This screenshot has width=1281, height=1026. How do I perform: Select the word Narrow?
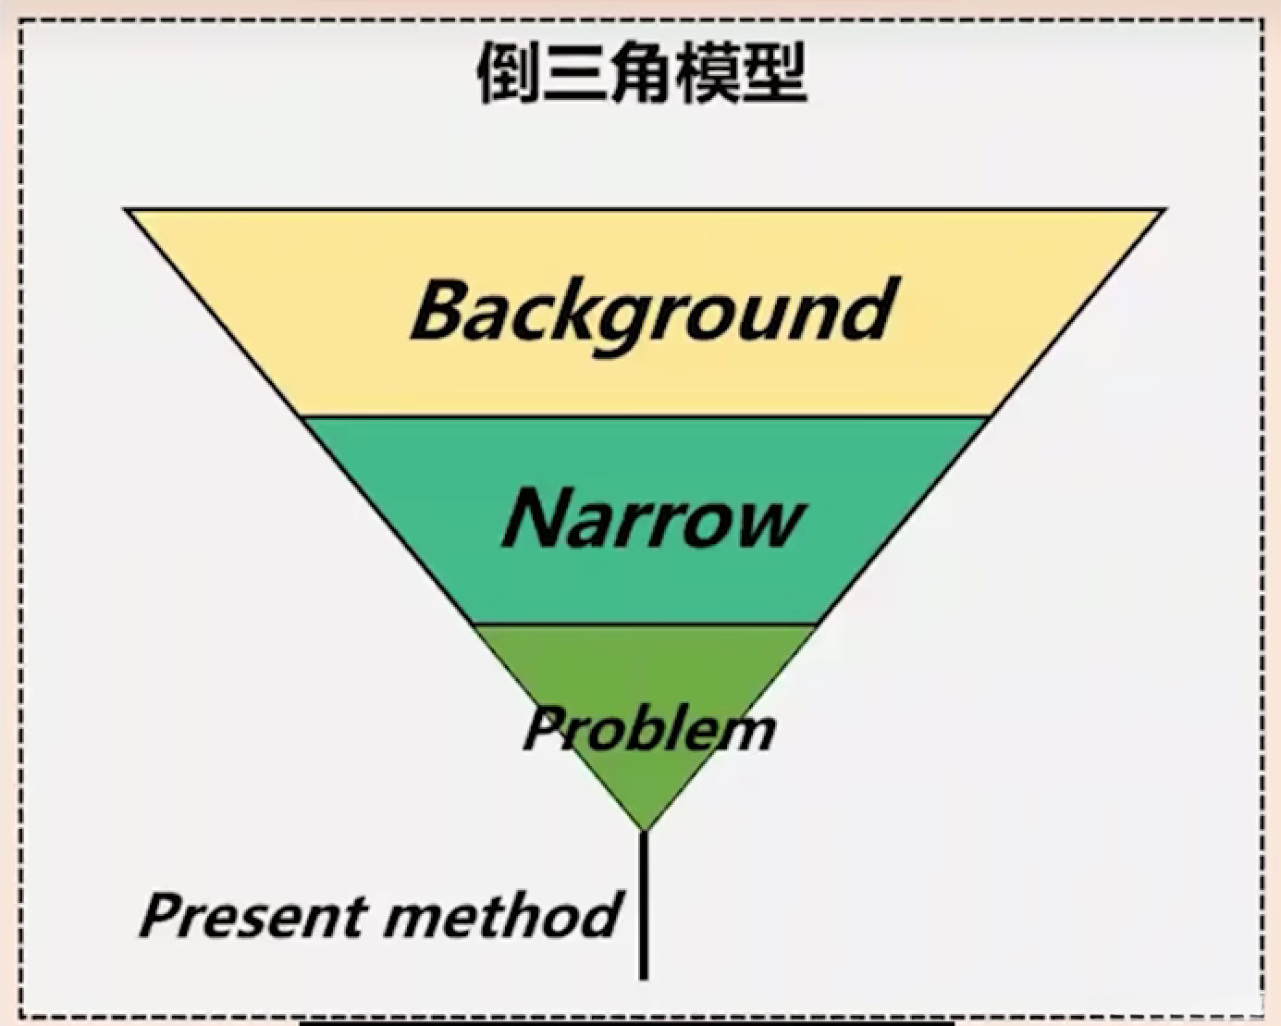coord(653,518)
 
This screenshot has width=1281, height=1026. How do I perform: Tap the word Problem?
coord(649,729)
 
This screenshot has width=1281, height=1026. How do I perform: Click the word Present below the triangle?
coord(253,916)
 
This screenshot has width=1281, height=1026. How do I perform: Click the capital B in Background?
coord(442,310)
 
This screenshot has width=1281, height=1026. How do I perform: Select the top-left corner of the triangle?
coord(128,211)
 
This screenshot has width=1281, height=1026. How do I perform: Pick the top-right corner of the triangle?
coord(1163,211)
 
